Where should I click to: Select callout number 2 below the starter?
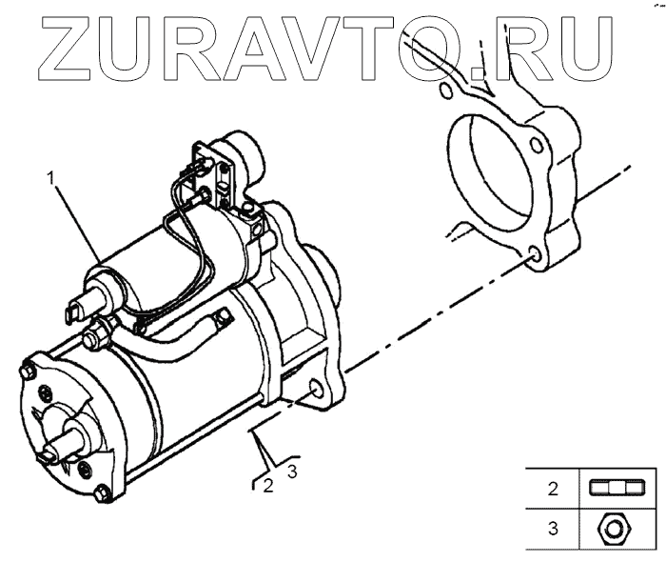coord(268,485)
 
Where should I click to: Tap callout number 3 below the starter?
coord(293,470)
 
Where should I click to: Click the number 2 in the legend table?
coord(552,491)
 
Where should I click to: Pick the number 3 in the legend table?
coord(552,526)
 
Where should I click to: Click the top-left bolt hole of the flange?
coord(445,91)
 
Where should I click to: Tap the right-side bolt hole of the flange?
coord(538,146)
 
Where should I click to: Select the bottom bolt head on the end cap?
coord(104,493)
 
